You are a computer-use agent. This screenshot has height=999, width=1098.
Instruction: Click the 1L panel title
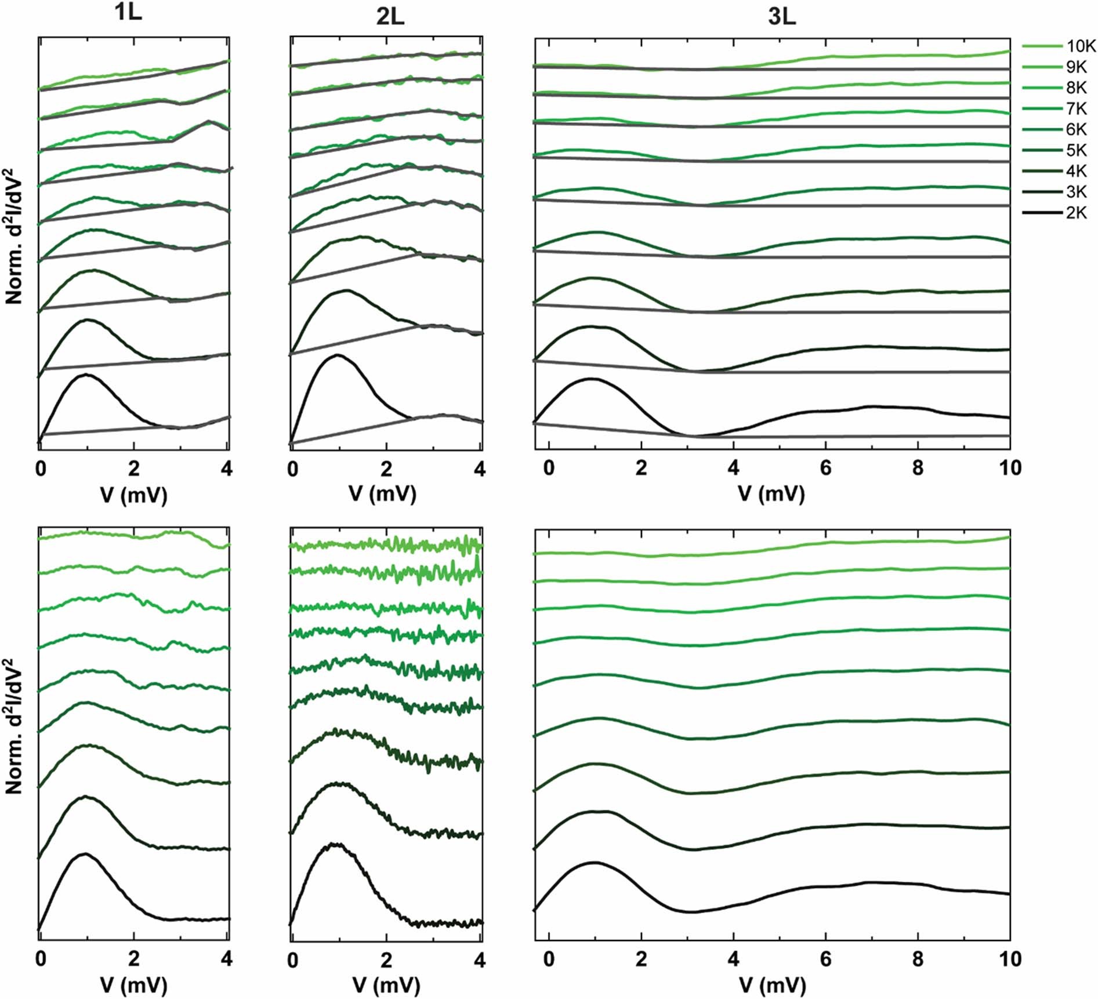click(x=128, y=13)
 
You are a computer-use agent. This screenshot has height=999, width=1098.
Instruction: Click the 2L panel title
click(x=390, y=17)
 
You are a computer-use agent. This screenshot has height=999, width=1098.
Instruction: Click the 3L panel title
click(x=782, y=17)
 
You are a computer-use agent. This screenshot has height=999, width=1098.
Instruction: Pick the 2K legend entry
click(x=1076, y=213)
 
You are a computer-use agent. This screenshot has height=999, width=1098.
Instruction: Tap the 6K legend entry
click(x=1076, y=130)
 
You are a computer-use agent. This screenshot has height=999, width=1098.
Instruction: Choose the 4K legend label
click(x=1076, y=172)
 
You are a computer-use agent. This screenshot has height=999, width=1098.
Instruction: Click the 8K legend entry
click(x=1076, y=88)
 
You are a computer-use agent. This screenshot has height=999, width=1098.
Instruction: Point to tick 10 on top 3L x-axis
click(x=1010, y=468)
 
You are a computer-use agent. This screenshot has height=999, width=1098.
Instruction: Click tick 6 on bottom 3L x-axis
click(x=825, y=959)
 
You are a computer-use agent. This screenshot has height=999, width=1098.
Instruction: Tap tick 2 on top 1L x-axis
click(x=134, y=468)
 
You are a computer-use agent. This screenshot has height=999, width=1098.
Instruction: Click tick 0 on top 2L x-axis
click(x=293, y=468)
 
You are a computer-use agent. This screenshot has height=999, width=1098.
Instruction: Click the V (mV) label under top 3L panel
click(x=771, y=494)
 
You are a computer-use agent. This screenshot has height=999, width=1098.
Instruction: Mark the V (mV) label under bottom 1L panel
click(x=134, y=985)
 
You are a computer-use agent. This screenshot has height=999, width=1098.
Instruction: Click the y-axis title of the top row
click(x=14, y=235)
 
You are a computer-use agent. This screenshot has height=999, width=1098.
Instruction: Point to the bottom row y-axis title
click(x=14, y=725)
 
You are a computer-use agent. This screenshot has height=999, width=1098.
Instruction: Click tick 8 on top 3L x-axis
click(x=917, y=468)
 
